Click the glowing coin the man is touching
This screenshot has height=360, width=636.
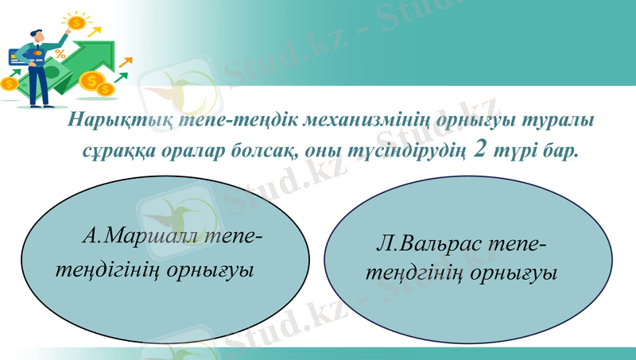click(x=77, y=23)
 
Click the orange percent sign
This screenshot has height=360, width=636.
click(x=60, y=54)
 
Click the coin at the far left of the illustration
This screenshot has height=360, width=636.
click(x=9, y=83)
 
